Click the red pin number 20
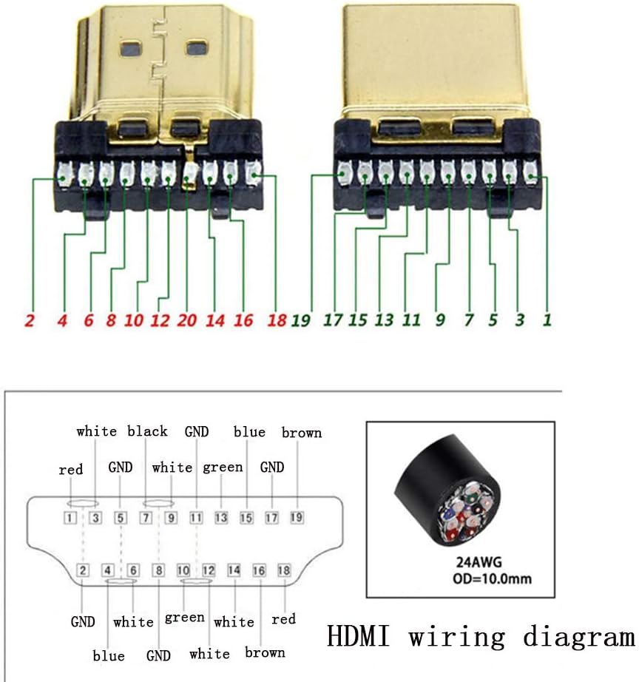pos(186,320)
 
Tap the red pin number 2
pos(29,320)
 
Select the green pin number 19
pos(301,320)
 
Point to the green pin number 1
pos(547,320)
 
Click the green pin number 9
pos(440,320)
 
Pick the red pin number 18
pos(277,320)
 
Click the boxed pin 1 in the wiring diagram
pos(70,518)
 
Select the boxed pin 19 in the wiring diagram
pos(297,517)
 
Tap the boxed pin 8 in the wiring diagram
pos(158,570)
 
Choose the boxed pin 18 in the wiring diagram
pos(284,570)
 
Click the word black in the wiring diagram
pos(147,431)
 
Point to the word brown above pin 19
pos(302,433)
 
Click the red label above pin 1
pos(70,470)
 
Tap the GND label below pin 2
pos(83,621)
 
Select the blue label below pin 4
pos(109,655)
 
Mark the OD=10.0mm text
pos(492,578)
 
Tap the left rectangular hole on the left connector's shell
pos(130,50)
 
